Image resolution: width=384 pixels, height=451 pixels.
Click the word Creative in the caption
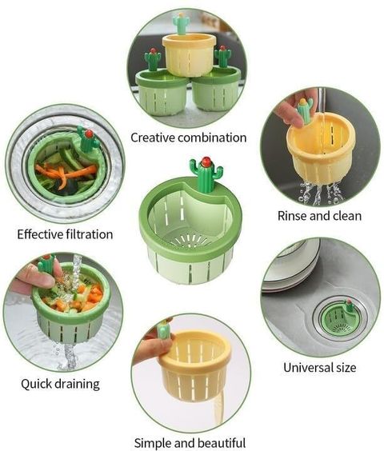pos(153,138)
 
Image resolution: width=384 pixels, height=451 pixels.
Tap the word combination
pos(212,138)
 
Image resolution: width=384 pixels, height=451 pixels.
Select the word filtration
pos(89,234)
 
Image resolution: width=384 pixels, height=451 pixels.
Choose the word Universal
pos(307,367)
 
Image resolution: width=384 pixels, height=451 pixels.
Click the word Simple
pos(153,443)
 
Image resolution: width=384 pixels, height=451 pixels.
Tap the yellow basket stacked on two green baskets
pos(189,54)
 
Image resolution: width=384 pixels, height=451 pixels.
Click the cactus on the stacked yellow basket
pos(182,23)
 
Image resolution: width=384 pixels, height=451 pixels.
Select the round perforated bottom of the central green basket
pos(191,240)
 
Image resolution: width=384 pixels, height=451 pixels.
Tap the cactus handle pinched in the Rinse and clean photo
pos(305,110)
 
